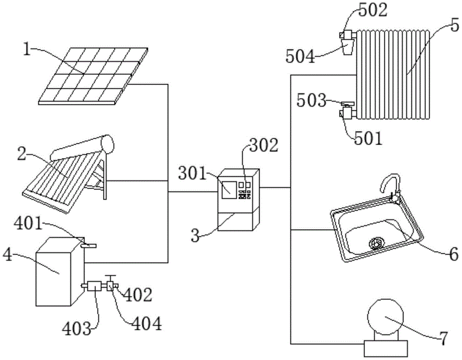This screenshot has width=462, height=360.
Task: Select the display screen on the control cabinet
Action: (x=228, y=189)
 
